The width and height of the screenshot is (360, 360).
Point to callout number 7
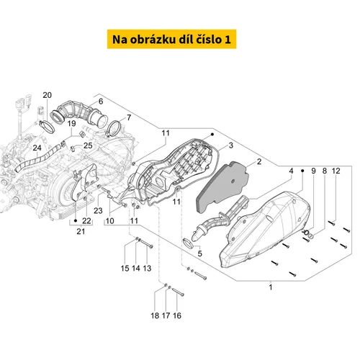pyautogui.click(x=129, y=117)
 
